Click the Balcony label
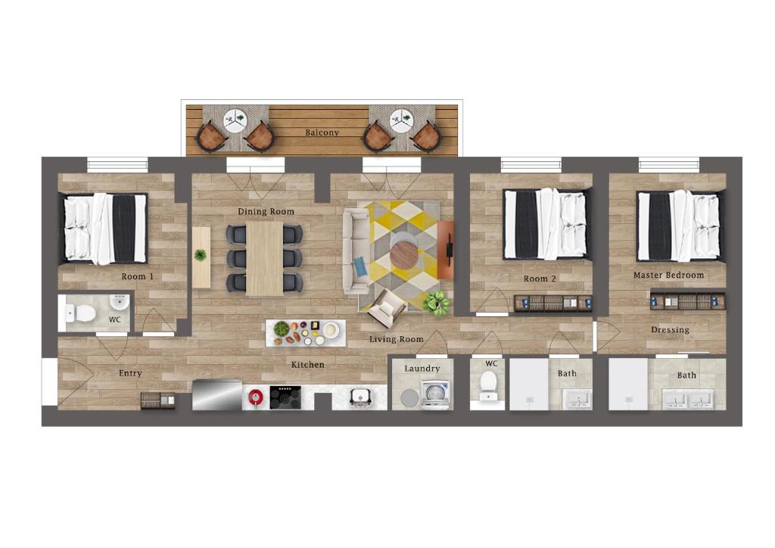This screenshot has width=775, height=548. pyautogui.click(x=322, y=132)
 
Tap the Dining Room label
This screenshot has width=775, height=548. pyautogui.click(x=266, y=211)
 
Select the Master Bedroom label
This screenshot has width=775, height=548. pyautogui.click(x=669, y=276)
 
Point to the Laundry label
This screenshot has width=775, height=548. pyautogui.click(x=422, y=369)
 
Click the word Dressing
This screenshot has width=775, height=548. pyautogui.click(x=671, y=329)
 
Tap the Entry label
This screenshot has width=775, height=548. pyautogui.click(x=130, y=374)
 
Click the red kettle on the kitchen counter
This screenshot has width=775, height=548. pyautogui.click(x=255, y=397)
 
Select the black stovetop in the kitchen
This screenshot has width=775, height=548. pyautogui.click(x=285, y=397)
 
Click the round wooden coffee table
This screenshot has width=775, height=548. pyautogui.click(x=404, y=255)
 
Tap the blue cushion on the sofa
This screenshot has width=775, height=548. pyautogui.click(x=360, y=266)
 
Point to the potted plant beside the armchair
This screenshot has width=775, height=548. pyautogui.click(x=437, y=302)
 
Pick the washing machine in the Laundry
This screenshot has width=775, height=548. pyautogui.click(x=435, y=394)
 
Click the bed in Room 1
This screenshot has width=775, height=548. pyautogui.click(x=104, y=229)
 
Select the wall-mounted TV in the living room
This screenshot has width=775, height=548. pyautogui.click(x=450, y=246)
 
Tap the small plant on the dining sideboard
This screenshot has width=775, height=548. pyautogui.click(x=200, y=255)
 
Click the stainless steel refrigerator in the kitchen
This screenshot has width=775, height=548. pyautogui.click(x=217, y=395)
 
